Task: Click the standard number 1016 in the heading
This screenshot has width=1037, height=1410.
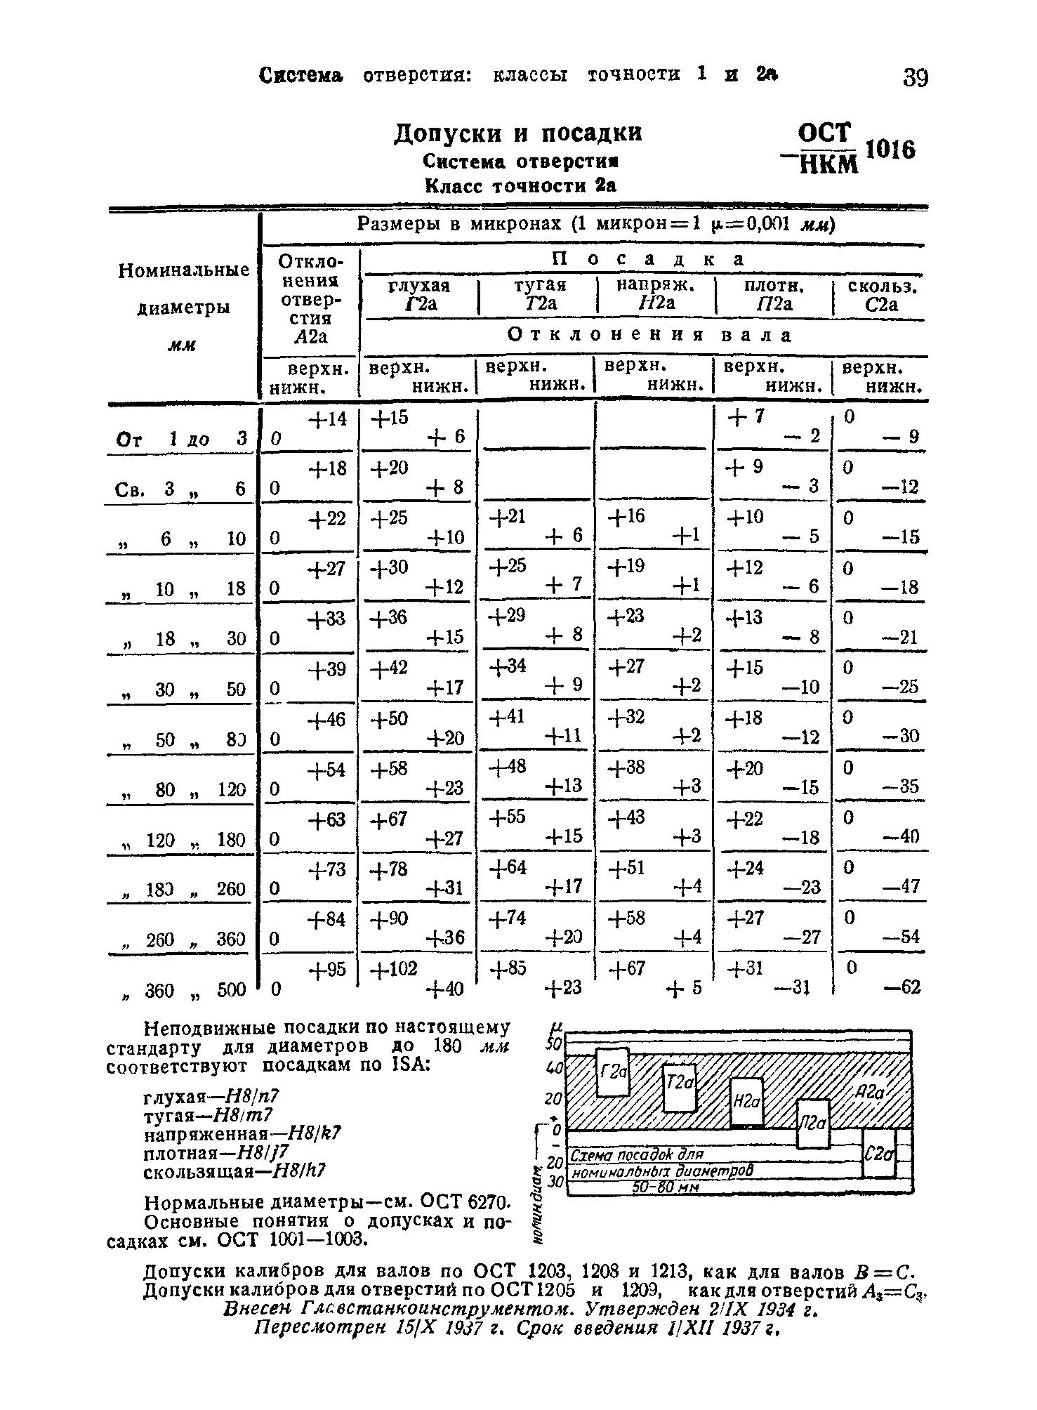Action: pyautogui.click(x=890, y=150)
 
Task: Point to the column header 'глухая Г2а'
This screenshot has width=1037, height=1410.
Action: pyautogui.click(x=418, y=295)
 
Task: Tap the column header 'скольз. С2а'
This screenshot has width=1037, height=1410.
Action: pyautogui.click(x=883, y=295)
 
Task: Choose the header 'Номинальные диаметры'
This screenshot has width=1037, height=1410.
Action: pyautogui.click(x=183, y=289)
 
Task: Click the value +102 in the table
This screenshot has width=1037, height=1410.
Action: pyautogui.click(x=394, y=969)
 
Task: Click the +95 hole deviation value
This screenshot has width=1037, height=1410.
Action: pyautogui.click(x=328, y=969)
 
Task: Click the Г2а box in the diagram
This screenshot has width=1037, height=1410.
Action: pyautogui.click(x=612, y=1073)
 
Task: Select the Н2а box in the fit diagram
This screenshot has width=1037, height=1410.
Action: pyautogui.click(x=746, y=1102)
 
